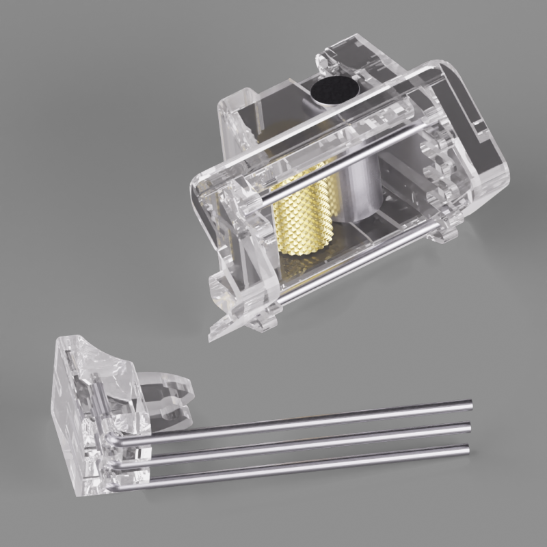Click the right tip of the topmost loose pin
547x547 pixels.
[470, 405]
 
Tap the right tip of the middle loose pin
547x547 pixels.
[469, 427]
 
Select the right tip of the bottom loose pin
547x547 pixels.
[468, 449]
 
